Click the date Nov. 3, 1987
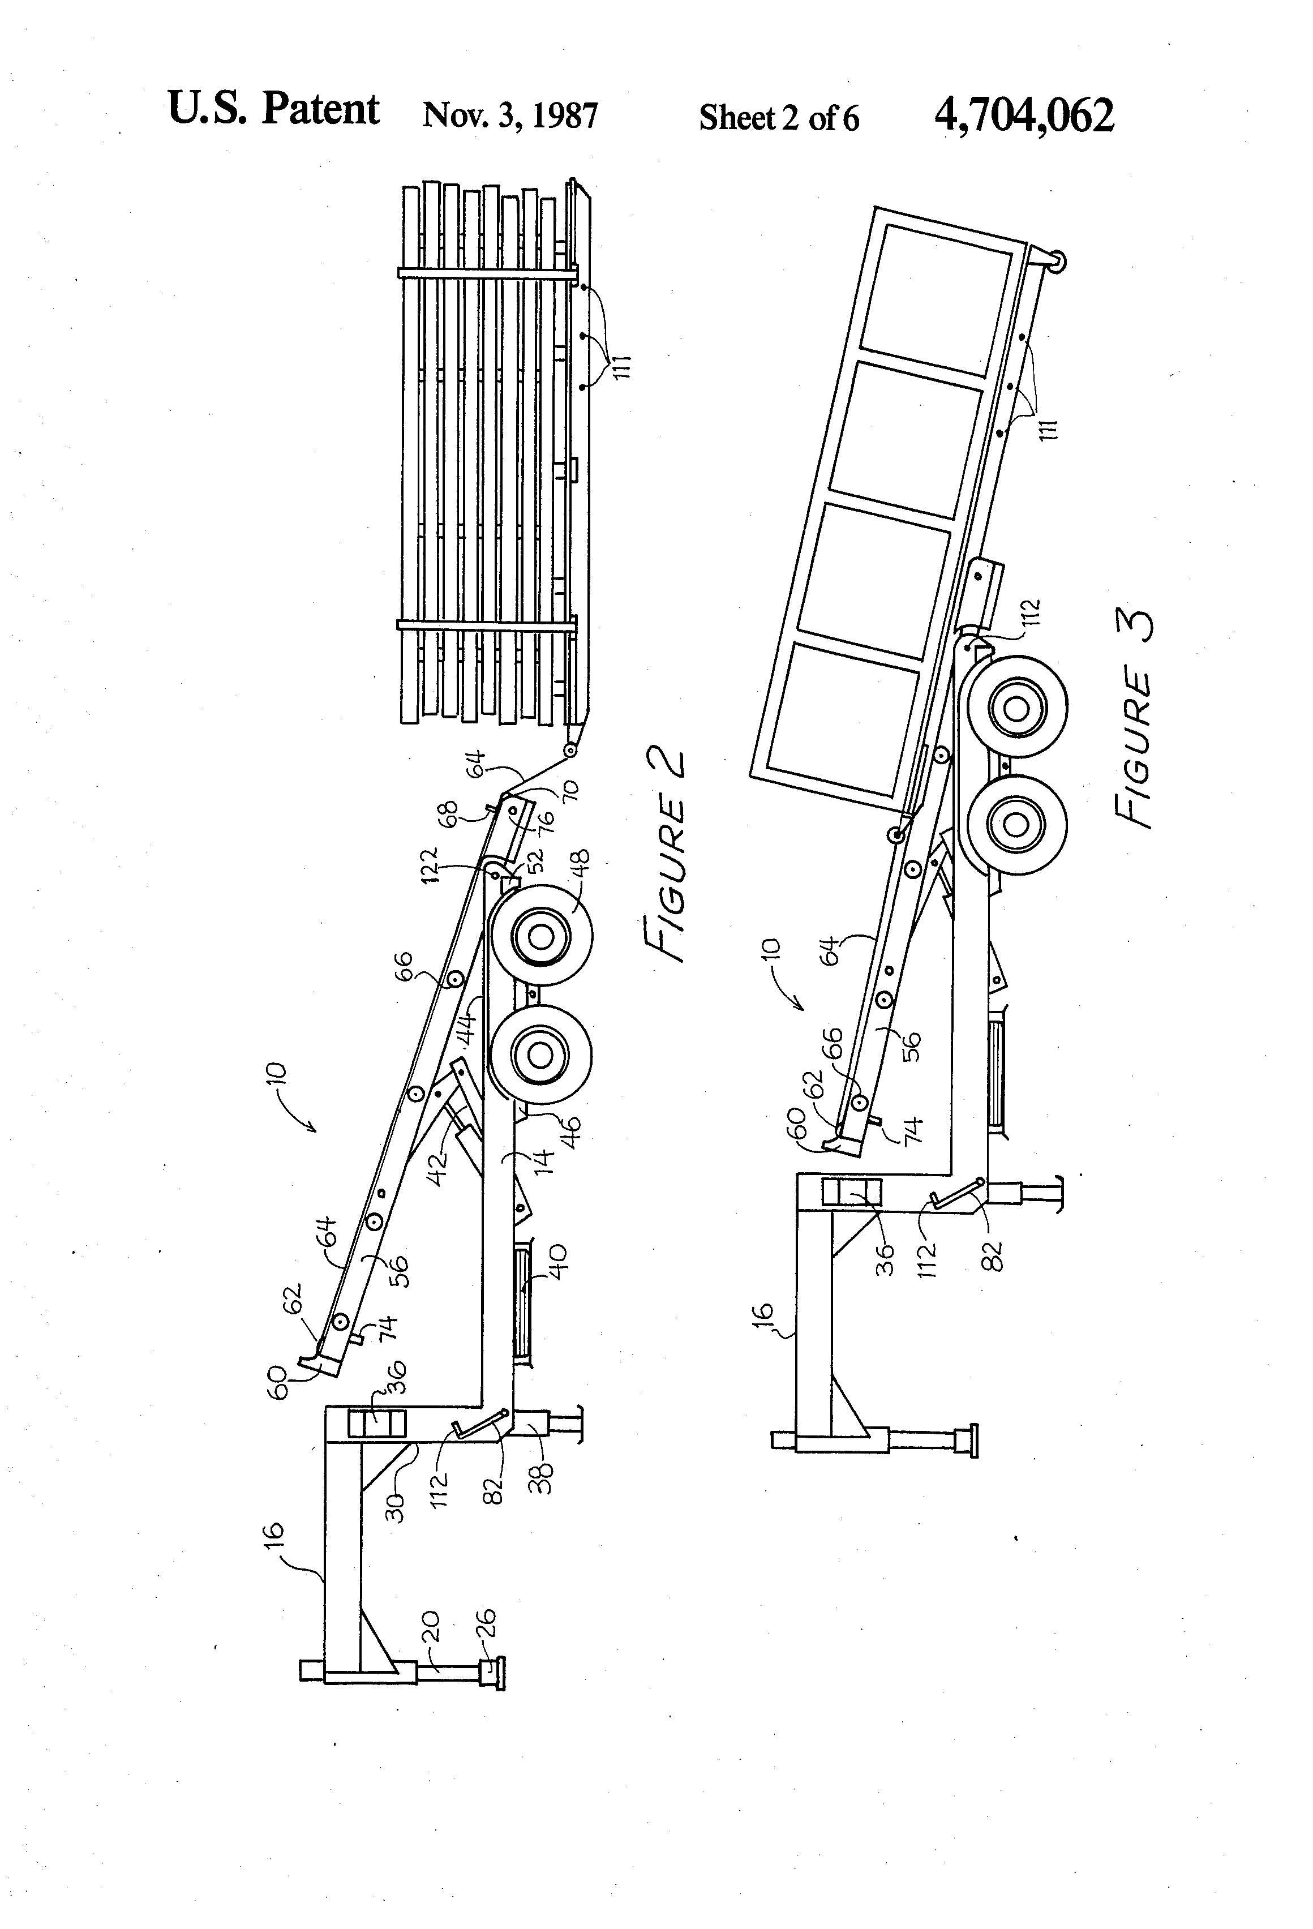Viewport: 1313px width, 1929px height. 509,116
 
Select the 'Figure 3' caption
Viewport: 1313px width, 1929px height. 1135,717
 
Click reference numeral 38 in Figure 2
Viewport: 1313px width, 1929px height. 541,1477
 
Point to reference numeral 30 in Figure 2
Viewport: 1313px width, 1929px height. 397,1503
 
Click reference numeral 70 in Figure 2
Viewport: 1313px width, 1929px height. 571,790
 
